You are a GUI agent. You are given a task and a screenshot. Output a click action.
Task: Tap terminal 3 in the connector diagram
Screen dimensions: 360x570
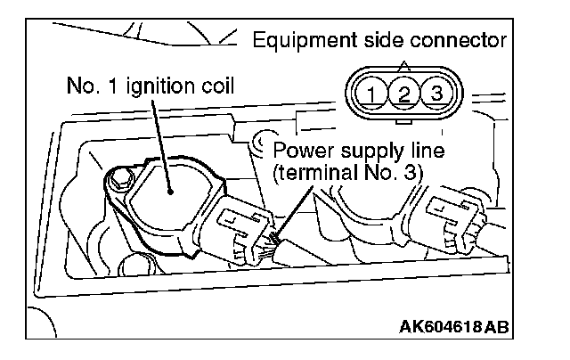point(435,91)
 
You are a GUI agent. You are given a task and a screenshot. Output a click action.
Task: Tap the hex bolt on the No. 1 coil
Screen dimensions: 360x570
point(118,182)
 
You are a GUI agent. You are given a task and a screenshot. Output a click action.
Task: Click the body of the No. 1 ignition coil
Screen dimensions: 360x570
point(169,200)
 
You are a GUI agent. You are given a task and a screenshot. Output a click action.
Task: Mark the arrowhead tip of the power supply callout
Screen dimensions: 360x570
point(278,241)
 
